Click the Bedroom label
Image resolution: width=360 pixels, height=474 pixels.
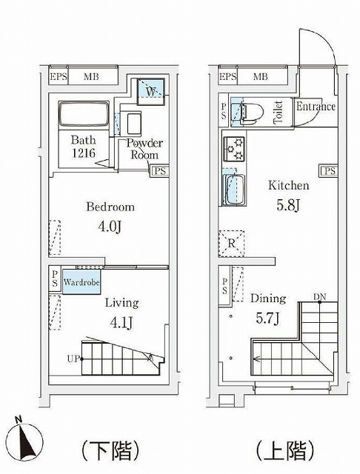110,207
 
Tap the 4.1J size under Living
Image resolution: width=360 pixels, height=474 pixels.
121,323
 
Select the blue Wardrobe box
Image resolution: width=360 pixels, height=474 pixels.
81,282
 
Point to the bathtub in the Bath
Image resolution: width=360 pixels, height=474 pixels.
84,113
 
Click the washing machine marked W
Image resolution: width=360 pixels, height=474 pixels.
151,92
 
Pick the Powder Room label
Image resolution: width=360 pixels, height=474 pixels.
144,149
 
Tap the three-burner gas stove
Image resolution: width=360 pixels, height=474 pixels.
234,149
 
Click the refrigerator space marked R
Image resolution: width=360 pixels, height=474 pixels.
231,244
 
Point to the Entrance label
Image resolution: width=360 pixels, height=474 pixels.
316,107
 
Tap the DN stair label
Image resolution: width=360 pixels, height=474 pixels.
319,297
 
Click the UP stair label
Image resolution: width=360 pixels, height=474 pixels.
73,358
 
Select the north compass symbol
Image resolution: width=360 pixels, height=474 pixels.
24,439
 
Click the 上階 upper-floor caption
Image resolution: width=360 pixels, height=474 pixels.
284,450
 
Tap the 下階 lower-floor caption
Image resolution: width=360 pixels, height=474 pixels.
110,450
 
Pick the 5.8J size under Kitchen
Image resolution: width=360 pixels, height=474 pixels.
288,205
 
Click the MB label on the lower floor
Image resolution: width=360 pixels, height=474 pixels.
91,77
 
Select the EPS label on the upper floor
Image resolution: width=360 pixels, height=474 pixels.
227,77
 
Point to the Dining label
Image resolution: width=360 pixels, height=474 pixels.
268,299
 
